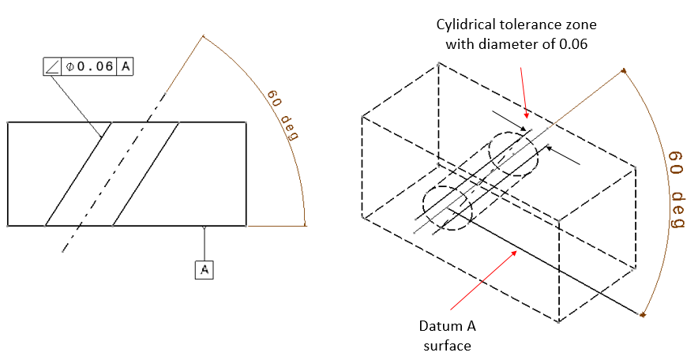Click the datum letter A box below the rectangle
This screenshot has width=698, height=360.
click(x=205, y=269)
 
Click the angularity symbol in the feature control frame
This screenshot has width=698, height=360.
click(x=52, y=66)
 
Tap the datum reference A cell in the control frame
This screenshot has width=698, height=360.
click(x=125, y=66)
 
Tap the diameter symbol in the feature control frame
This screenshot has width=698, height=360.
click(x=70, y=66)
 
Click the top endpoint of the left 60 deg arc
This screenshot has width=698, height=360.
click(x=203, y=36)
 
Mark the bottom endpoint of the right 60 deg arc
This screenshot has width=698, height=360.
click(x=643, y=315)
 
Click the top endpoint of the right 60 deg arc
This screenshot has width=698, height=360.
click(x=625, y=70)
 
